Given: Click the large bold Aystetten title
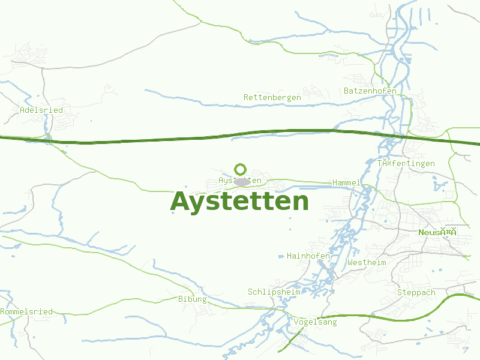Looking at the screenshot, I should (x=239, y=202).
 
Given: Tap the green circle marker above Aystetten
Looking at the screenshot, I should (x=241, y=169).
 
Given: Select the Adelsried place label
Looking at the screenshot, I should (x=41, y=110).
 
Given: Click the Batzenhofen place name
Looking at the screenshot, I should (x=370, y=91).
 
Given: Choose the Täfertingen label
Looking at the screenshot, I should (x=406, y=163).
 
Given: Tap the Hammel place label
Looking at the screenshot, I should (x=346, y=182).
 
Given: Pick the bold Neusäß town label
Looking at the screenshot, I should (x=437, y=232).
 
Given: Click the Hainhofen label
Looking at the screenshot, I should (x=308, y=256).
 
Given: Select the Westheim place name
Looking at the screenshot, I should (x=367, y=262).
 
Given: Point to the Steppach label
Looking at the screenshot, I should (x=416, y=292).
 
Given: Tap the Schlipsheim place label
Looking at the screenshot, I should (x=274, y=292).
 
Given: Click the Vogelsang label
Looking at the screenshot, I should (x=316, y=322).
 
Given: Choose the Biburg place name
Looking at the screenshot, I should (x=193, y=299).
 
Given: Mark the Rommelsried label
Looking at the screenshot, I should (x=26, y=311).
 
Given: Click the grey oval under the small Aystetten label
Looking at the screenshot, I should (x=242, y=182).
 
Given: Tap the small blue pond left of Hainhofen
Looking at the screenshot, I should (x=281, y=257).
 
